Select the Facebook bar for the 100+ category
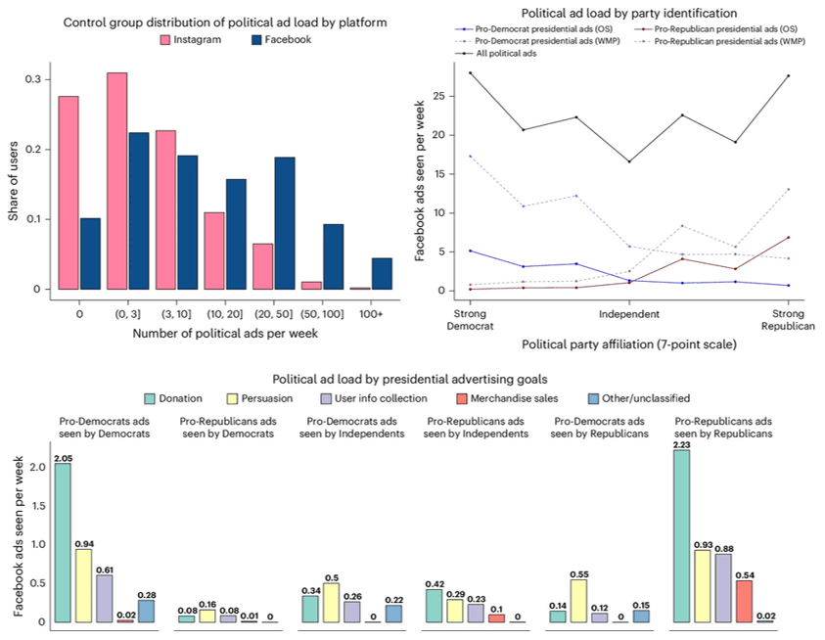(x=382, y=274)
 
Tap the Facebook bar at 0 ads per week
(x=89, y=253)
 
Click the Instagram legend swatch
(x=168, y=41)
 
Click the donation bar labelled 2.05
(x=64, y=543)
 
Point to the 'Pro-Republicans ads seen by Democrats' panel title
(x=222, y=428)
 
